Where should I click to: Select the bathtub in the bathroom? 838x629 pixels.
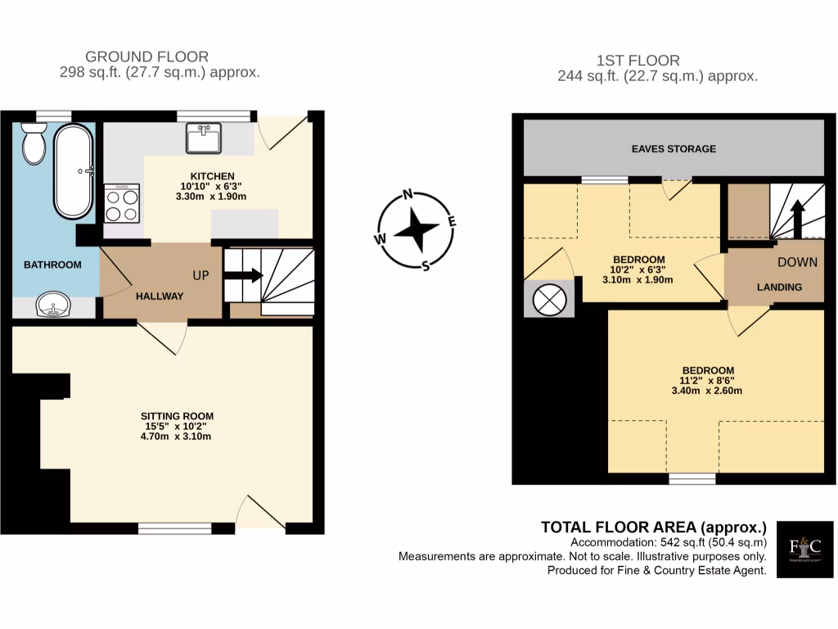74,172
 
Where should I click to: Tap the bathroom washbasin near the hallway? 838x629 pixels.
53,306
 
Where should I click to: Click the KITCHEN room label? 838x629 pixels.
213,176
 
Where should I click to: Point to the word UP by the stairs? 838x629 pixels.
201,275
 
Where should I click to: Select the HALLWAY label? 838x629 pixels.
160,296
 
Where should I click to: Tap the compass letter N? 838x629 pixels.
407,195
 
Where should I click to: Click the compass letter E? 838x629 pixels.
452,221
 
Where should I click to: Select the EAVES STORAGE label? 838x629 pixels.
674,149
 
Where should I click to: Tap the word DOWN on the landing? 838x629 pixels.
797,263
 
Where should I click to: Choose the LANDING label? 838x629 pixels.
778,287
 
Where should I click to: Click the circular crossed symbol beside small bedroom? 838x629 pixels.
548,298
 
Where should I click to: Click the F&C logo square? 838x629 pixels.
804,550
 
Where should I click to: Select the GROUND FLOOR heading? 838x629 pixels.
146,57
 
